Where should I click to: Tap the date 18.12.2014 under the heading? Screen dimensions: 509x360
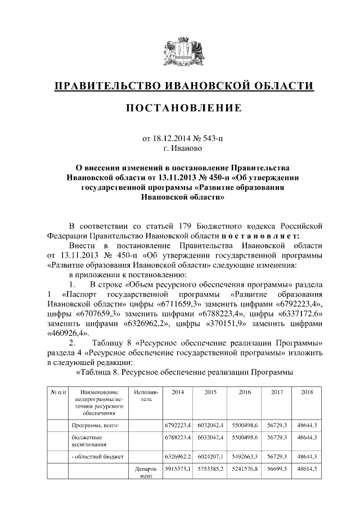172,138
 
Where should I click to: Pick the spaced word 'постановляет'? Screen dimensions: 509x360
256,236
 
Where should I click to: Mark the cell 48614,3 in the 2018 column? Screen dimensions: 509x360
307,468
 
